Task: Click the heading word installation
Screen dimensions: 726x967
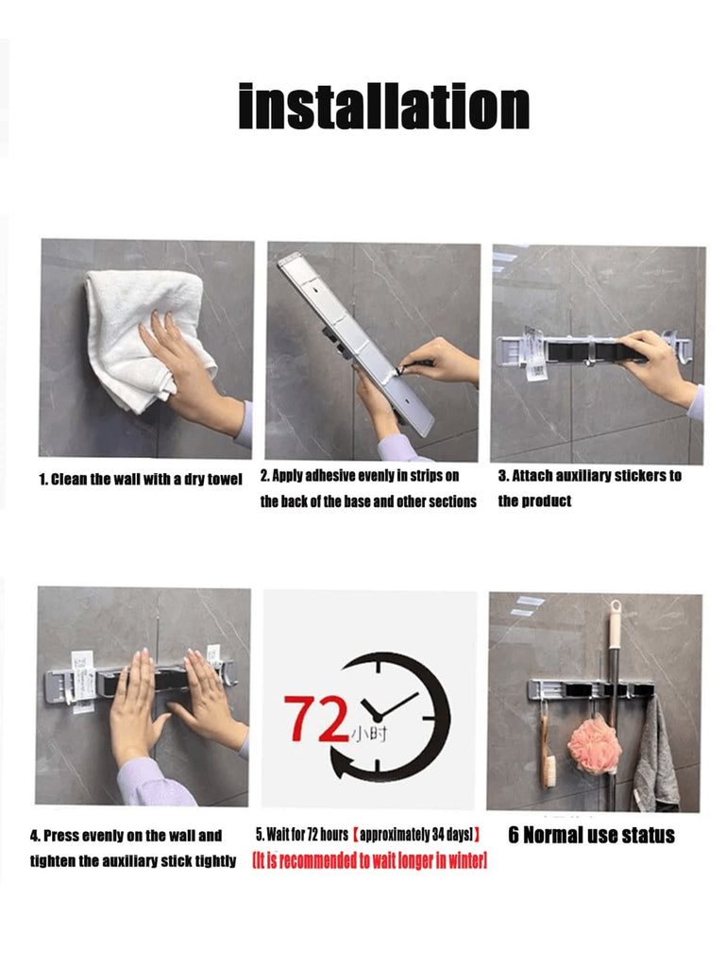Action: pos(383,106)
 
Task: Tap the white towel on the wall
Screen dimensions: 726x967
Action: pos(144,333)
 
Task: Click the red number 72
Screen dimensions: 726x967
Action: pos(317,718)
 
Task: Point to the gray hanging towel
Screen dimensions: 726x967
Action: pos(655,755)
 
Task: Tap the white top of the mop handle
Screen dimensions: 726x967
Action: pos(616,625)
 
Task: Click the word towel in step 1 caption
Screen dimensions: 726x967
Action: pos(225,479)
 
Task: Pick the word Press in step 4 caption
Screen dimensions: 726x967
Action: pos(61,836)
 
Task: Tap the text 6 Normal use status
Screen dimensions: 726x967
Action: pos(591,835)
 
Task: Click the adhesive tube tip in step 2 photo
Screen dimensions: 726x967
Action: pos(399,371)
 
